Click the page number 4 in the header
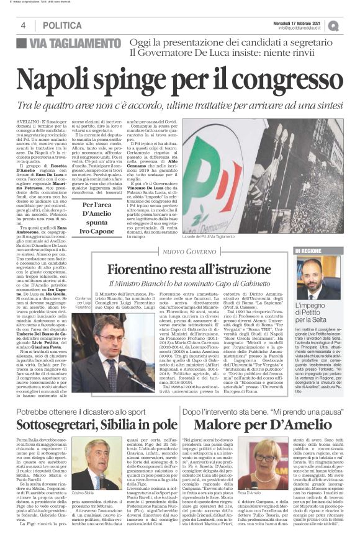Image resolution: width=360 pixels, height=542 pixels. tap(23, 25)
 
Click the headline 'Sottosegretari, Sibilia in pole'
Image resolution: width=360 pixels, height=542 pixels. tap(93, 425)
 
